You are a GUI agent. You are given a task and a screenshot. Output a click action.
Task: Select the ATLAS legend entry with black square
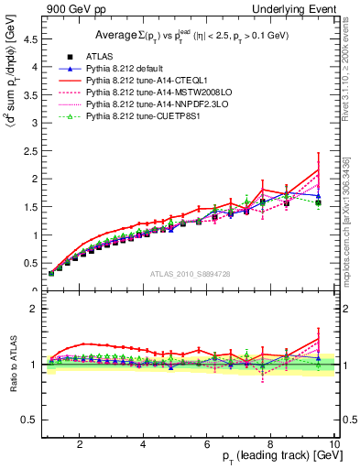[x=95, y=56]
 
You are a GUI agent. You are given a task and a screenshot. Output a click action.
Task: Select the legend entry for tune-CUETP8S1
[x=134, y=117]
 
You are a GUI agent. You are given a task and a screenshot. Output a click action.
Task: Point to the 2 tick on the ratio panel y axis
[x=33, y=309]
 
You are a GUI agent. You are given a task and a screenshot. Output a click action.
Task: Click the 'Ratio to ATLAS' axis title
[x=12, y=365]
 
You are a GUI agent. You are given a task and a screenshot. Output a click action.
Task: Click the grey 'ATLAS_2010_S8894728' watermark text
[x=190, y=274]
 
